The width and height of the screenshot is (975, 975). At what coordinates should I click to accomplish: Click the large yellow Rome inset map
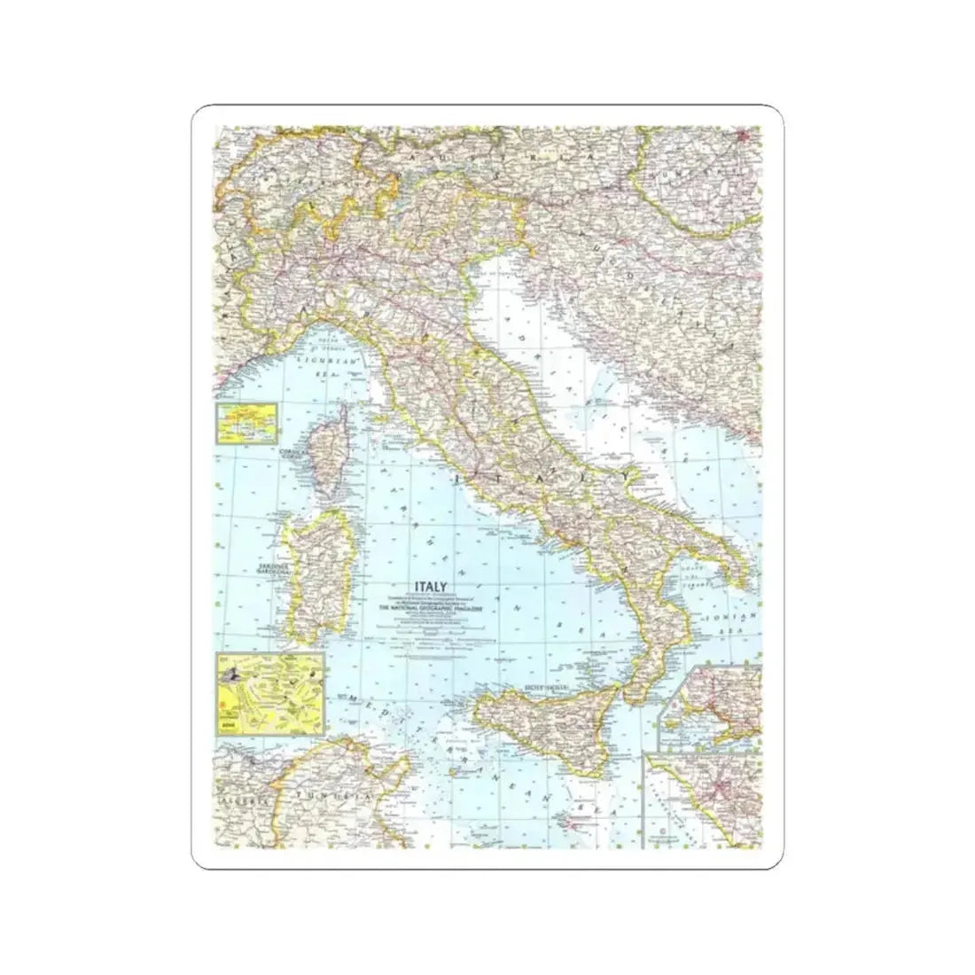click(269, 692)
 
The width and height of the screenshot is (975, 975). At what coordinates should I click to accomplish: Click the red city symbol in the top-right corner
click(745, 136)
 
